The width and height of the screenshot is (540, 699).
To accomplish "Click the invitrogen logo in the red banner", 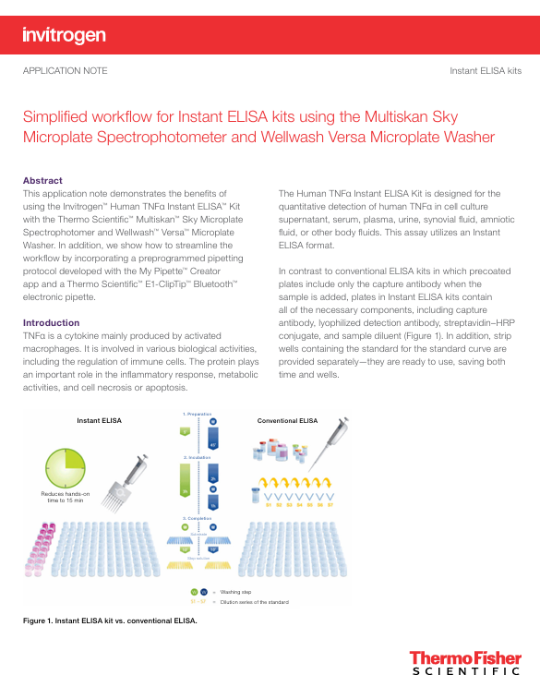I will [x=64, y=35].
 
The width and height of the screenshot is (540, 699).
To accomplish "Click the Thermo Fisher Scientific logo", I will [x=465, y=664].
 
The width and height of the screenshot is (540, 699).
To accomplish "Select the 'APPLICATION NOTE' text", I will [x=65, y=71].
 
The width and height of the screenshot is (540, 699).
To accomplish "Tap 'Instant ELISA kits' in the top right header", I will [x=485, y=71].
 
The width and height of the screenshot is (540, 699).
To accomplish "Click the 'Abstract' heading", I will [x=42, y=180].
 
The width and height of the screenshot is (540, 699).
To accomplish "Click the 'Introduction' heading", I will [x=51, y=322].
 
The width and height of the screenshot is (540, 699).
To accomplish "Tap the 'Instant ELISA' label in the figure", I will [x=99, y=421].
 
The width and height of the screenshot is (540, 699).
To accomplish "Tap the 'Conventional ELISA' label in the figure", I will [x=286, y=421].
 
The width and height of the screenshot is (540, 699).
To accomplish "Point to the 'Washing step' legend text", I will [x=235, y=591].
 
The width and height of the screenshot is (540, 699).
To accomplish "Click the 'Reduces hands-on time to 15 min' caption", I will [x=66, y=498].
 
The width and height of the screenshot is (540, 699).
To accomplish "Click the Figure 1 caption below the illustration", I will [x=110, y=621].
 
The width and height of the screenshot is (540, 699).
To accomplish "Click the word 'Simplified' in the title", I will [x=56, y=116].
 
